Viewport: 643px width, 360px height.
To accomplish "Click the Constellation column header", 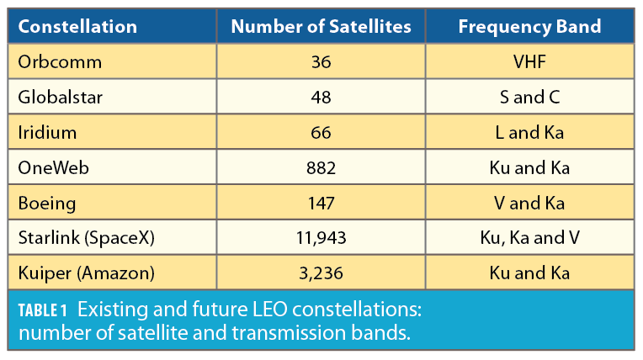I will (x=77, y=27).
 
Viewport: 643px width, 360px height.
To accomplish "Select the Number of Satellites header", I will (x=321, y=27).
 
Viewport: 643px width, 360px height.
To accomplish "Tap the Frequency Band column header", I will (x=529, y=27).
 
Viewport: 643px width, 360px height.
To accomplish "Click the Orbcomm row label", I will (x=50, y=62).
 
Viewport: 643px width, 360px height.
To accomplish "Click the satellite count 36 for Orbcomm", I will (x=321, y=62).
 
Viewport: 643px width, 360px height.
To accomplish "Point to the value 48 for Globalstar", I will (x=321, y=98).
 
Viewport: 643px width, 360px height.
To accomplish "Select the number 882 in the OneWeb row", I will (x=321, y=168).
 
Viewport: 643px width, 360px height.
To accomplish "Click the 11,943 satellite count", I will (x=321, y=239).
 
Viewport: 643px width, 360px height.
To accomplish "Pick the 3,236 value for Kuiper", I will (x=321, y=274).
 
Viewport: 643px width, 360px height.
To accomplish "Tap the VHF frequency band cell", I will (x=529, y=62).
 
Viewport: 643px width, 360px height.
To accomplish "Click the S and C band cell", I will (x=529, y=98).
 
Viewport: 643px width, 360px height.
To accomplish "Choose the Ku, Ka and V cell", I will (x=529, y=239).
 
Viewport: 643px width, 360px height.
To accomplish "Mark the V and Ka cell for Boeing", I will (x=529, y=204).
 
